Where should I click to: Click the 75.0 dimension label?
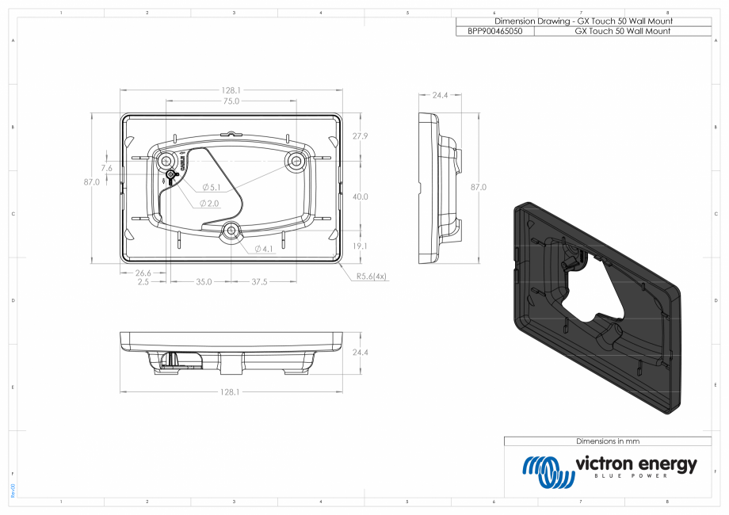[231, 101]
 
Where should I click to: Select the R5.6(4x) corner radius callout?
[371, 277]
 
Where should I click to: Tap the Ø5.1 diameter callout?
[212, 187]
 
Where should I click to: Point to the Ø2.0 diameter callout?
[209, 204]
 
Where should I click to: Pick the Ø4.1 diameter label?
[264, 249]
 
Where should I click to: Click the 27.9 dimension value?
[361, 136]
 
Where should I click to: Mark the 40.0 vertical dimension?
[361, 196]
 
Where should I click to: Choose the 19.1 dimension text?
[361, 246]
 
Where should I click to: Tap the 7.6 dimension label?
[107, 168]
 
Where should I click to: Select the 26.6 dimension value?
[132, 273]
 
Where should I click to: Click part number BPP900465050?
[495, 31]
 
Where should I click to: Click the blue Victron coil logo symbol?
[548, 471]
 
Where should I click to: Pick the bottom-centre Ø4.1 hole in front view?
[231, 231]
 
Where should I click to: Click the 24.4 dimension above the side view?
[440, 95]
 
